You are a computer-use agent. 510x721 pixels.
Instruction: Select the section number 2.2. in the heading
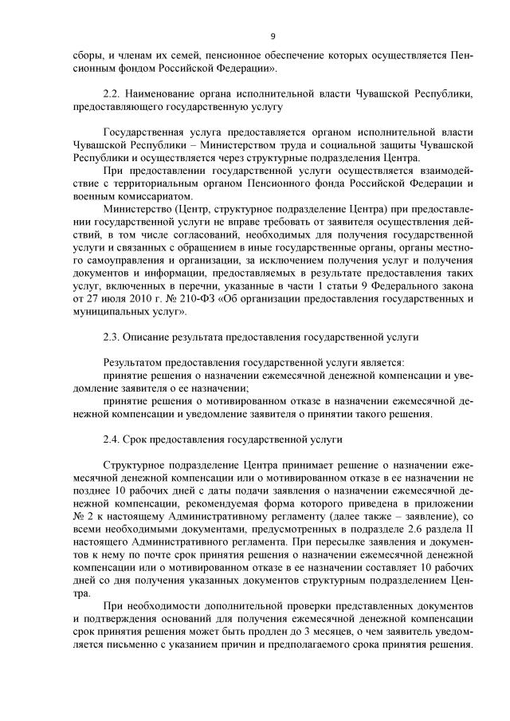point(113,94)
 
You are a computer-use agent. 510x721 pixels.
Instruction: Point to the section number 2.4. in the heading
point(113,439)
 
